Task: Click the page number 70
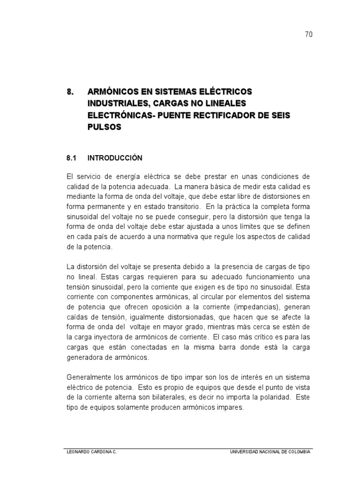pyautogui.click(x=308, y=35)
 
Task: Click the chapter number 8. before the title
pyautogui.click(x=71, y=91)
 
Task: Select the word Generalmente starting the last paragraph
pyautogui.click(x=89, y=377)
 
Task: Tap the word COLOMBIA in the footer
pyautogui.click(x=299, y=452)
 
